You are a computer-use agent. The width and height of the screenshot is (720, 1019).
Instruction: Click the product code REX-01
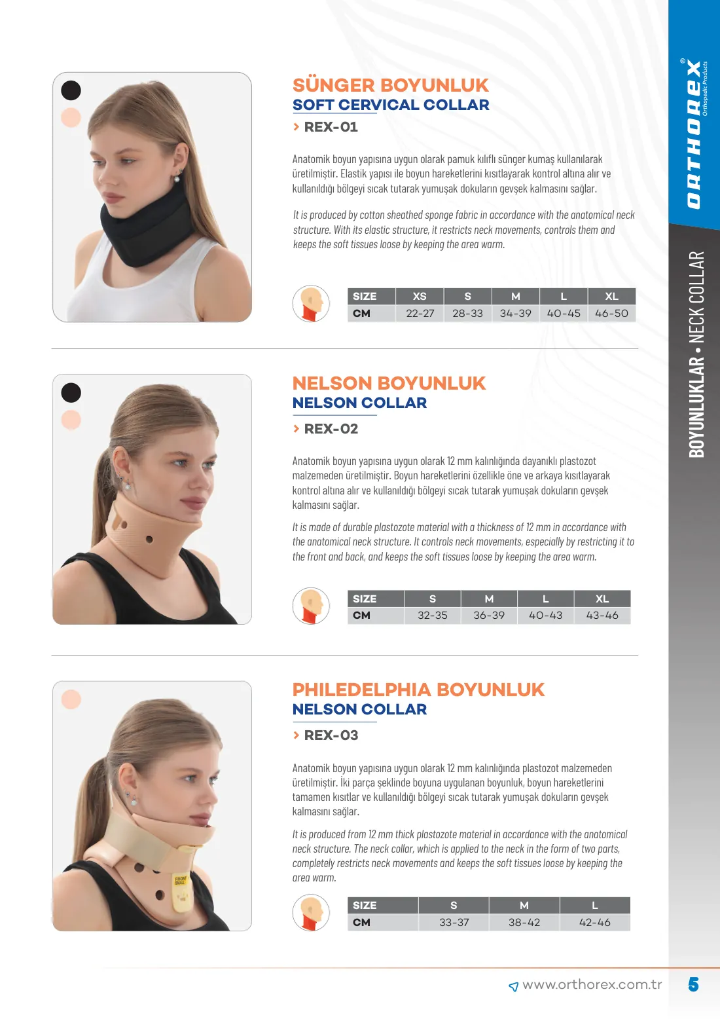pos(331,127)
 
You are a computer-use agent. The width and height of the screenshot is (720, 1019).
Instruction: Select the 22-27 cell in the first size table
pos(420,314)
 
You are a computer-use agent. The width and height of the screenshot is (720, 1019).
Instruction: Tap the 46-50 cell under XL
pos(611,314)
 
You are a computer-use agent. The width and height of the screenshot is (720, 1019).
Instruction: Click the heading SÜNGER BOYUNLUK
pos(391,85)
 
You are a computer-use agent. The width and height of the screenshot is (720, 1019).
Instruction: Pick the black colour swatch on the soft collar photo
pos(71,90)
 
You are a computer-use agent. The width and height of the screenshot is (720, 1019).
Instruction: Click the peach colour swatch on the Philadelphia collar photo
pos(71,699)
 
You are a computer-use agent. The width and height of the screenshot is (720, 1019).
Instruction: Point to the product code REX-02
pos(331,428)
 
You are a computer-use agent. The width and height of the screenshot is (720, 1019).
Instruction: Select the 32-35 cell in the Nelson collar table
pos(432,616)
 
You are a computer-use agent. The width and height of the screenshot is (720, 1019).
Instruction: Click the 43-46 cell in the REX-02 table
pos(602,616)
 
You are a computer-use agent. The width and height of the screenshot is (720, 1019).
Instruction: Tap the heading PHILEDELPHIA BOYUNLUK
pos(418,690)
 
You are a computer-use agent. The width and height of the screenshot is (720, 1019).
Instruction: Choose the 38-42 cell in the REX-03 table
pos(524,922)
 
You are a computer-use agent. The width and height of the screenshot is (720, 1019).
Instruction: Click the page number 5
pos(693,984)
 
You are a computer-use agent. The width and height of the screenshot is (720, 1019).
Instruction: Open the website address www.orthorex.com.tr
pos(592,984)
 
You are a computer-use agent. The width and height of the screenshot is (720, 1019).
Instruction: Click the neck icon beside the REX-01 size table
pos(311,303)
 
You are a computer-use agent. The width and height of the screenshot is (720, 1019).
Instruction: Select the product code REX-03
pos(331,735)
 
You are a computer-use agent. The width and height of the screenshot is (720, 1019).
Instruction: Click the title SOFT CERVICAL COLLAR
pos(391,105)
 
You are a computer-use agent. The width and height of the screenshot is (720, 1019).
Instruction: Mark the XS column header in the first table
pos(420,297)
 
